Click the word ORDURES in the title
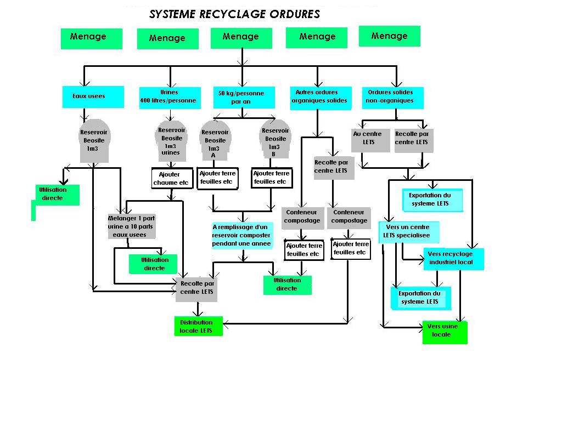(x=295, y=14)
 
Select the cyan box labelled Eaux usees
(x=93, y=96)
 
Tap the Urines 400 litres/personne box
(x=170, y=98)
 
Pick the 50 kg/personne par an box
(x=244, y=98)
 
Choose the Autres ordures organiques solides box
(x=321, y=98)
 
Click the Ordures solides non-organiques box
(x=393, y=98)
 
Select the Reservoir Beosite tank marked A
(x=215, y=140)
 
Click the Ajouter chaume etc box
(x=172, y=178)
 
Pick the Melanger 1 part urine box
(x=132, y=226)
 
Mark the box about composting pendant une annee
(x=242, y=236)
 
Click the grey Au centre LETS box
(x=370, y=140)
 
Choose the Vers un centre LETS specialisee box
(x=409, y=232)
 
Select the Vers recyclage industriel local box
(x=454, y=259)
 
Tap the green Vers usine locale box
(x=445, y=332)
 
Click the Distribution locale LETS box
(x=199, y=326)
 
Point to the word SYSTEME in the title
(x=172, y=14)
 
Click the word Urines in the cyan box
(x=169, y=92)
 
